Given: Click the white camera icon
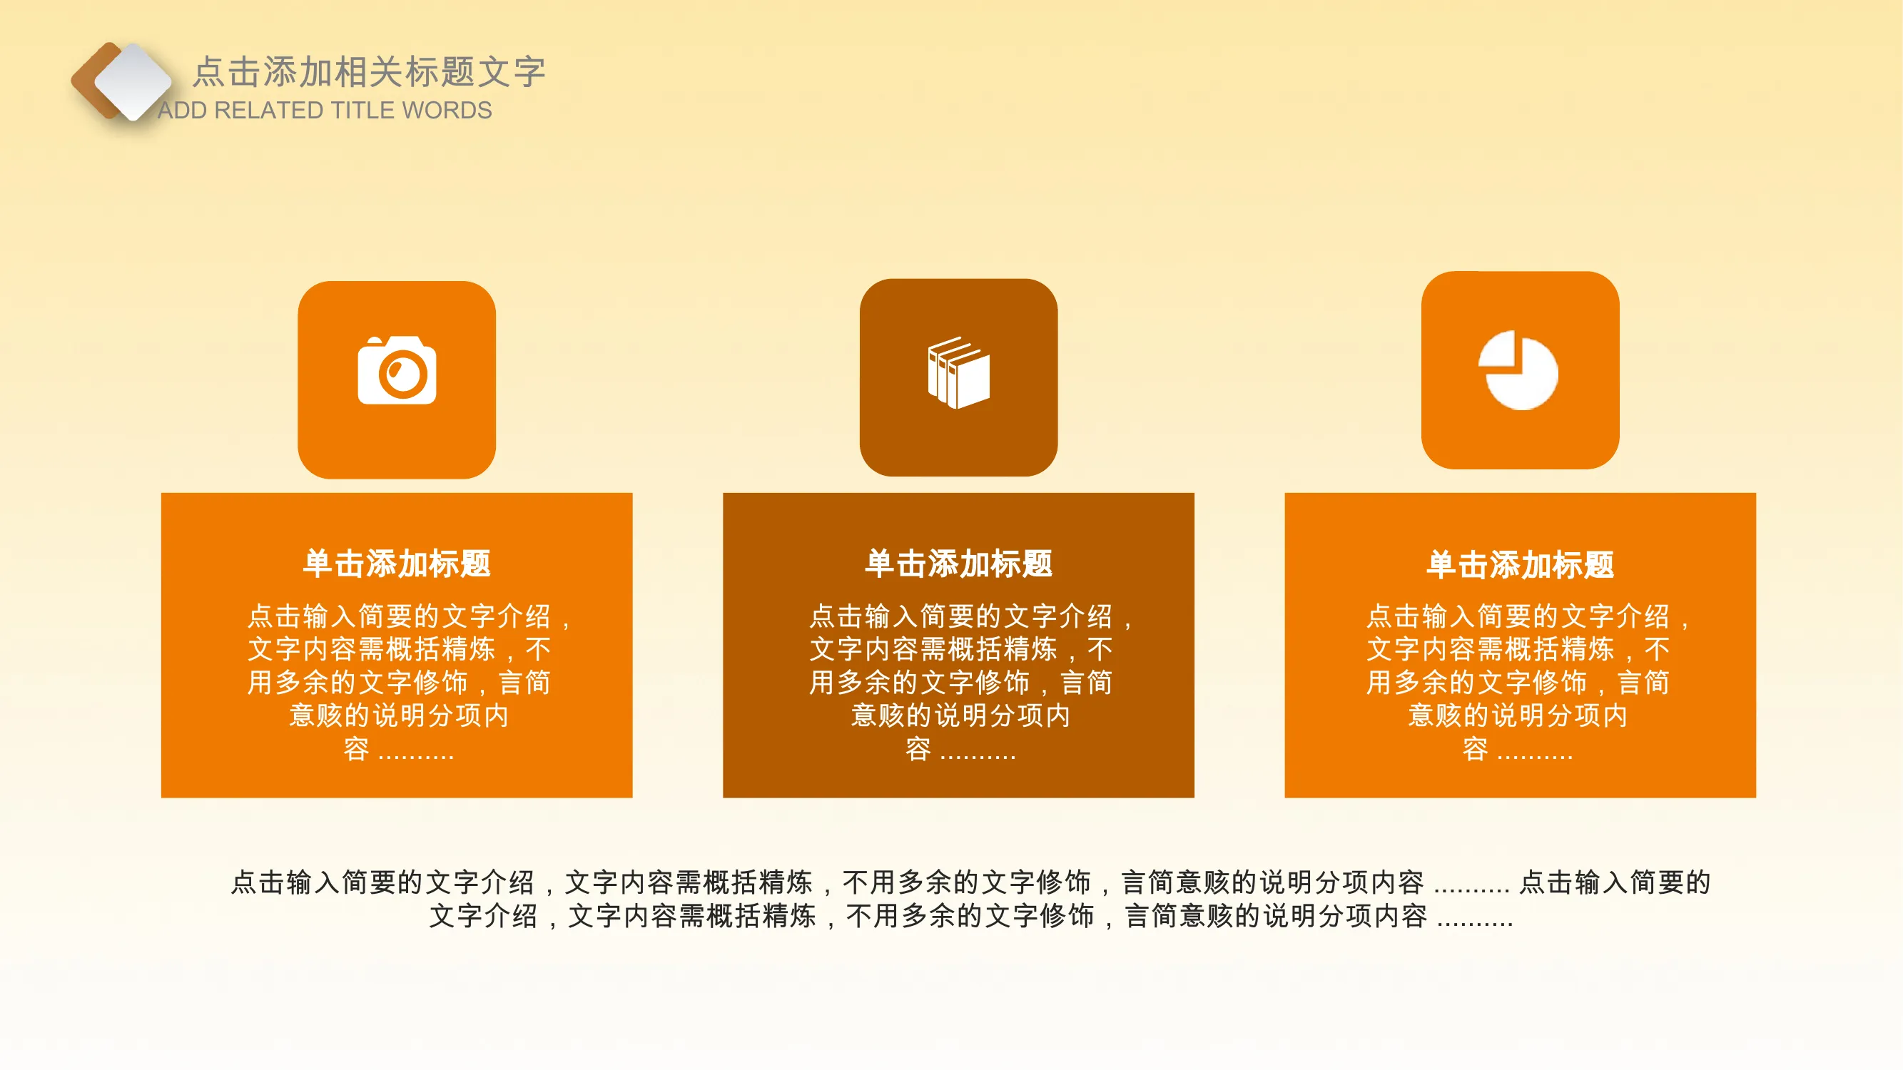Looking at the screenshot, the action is [397, 370].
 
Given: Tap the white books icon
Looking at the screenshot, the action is [959, 373].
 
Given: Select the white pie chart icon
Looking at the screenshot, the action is [1518, 370].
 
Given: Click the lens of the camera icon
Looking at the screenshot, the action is [403, 374].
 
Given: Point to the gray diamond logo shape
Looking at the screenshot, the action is [133, 81].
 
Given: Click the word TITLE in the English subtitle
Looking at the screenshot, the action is [364, 111].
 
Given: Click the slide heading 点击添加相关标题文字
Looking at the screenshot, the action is [370, 71].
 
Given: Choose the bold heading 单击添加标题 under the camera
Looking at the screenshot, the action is [397, 564].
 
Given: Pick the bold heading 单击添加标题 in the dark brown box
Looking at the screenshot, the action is [959, 564].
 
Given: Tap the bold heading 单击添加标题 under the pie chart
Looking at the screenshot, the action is [1521, 565].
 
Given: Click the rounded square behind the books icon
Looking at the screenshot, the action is [959, 377].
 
